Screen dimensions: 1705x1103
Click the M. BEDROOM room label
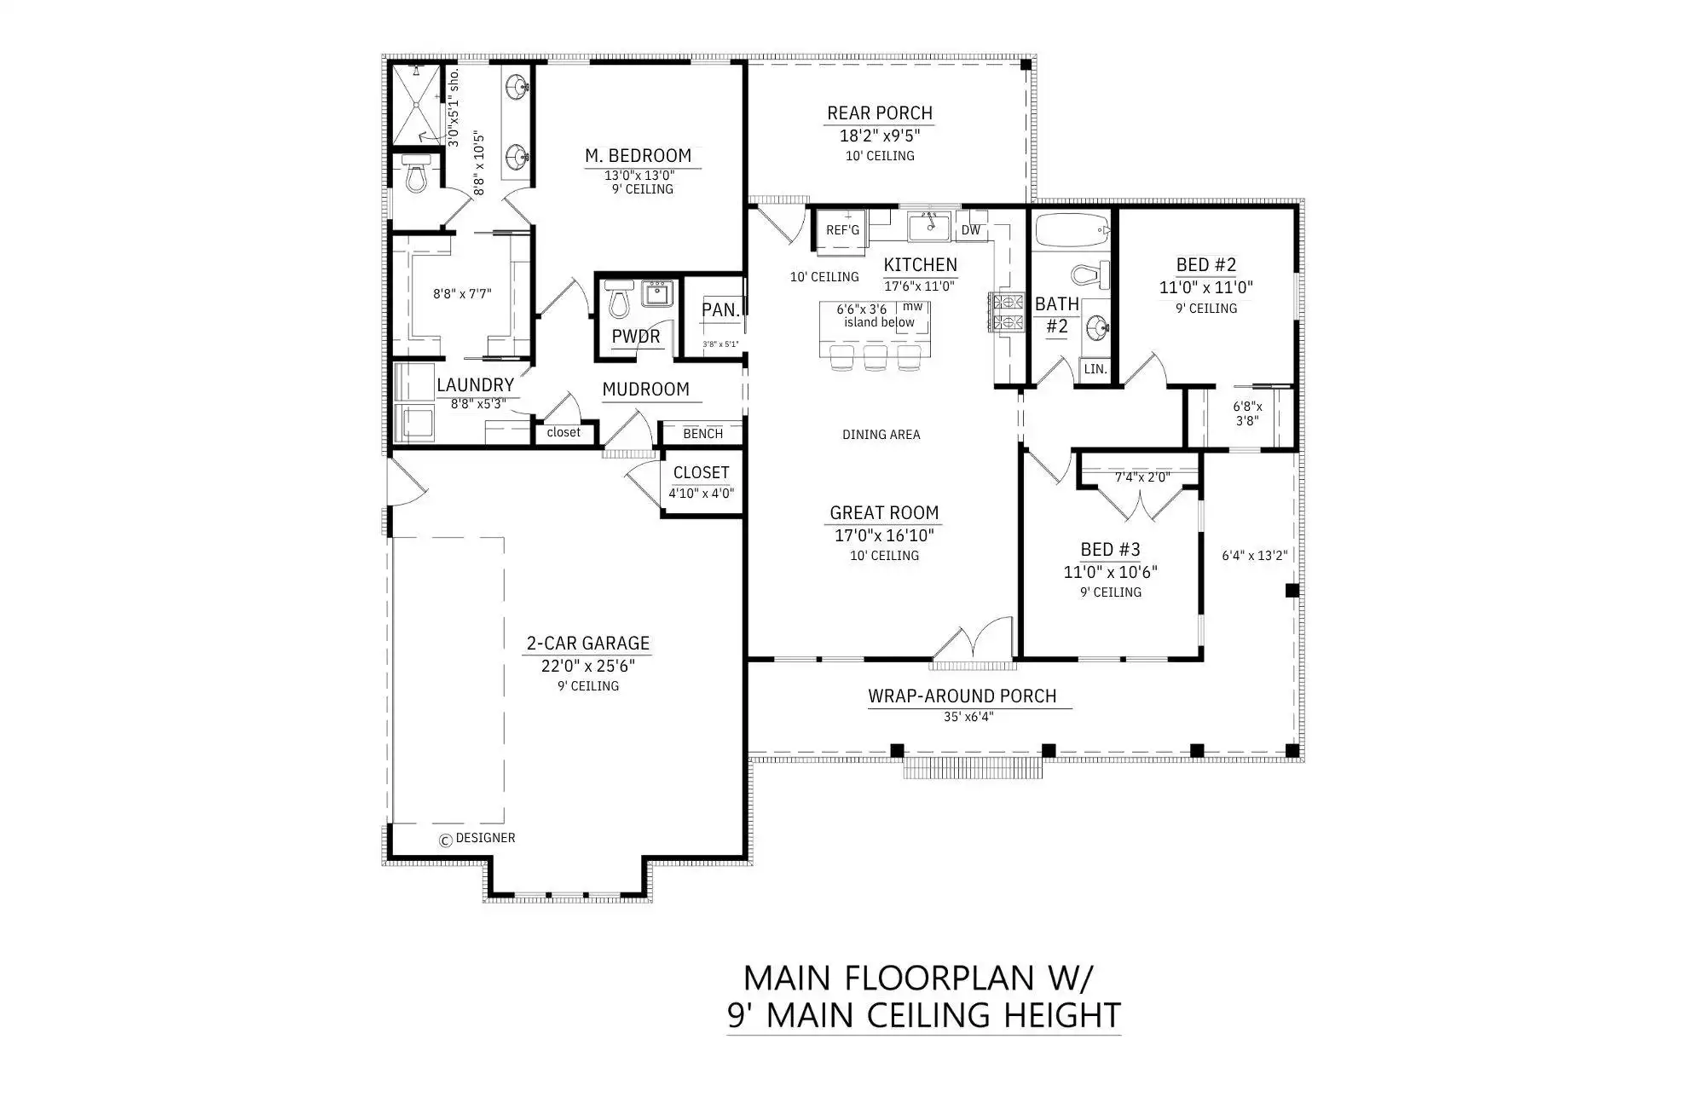638,156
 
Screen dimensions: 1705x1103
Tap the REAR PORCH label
880,113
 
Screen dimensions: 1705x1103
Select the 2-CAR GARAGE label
587,644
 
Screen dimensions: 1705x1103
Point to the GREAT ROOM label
884,512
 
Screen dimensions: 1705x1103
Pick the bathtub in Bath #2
1072,230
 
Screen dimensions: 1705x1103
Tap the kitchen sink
929,227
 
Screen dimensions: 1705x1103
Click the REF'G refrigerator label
842,230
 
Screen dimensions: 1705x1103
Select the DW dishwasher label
971,230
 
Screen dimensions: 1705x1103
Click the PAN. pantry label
720,310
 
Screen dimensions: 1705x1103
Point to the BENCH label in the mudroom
702,434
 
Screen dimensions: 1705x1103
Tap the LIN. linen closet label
1095,369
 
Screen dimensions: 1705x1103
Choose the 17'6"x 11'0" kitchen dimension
919,286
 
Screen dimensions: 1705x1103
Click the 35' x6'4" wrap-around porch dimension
968,717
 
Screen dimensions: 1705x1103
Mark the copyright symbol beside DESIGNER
445,840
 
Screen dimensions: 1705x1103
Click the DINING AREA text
881,435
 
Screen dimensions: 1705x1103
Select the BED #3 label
1110,550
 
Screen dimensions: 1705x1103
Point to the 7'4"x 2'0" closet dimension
1142,477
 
